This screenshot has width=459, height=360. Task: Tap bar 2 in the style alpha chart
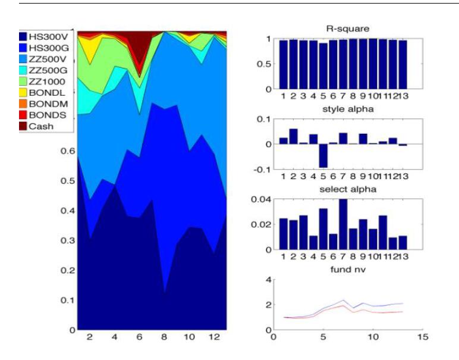click(x=293, y=136)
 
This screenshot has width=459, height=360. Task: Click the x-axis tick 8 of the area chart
click(x=164, y=336)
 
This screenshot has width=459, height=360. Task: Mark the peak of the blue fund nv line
click(x=343, y=300)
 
